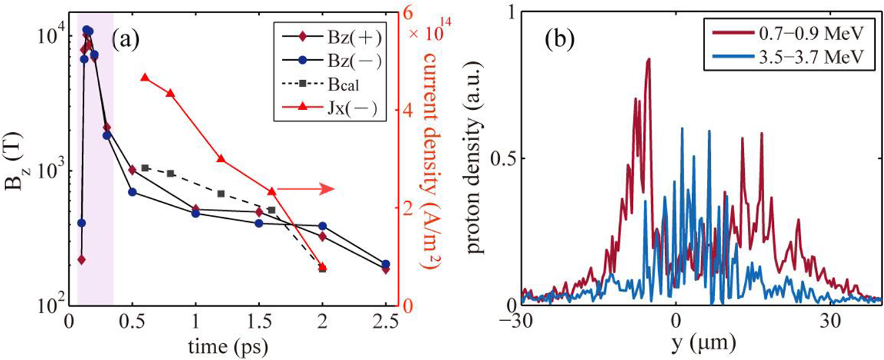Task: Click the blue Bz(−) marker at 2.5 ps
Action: point(385,264)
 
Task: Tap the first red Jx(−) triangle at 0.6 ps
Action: point(145,77)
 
